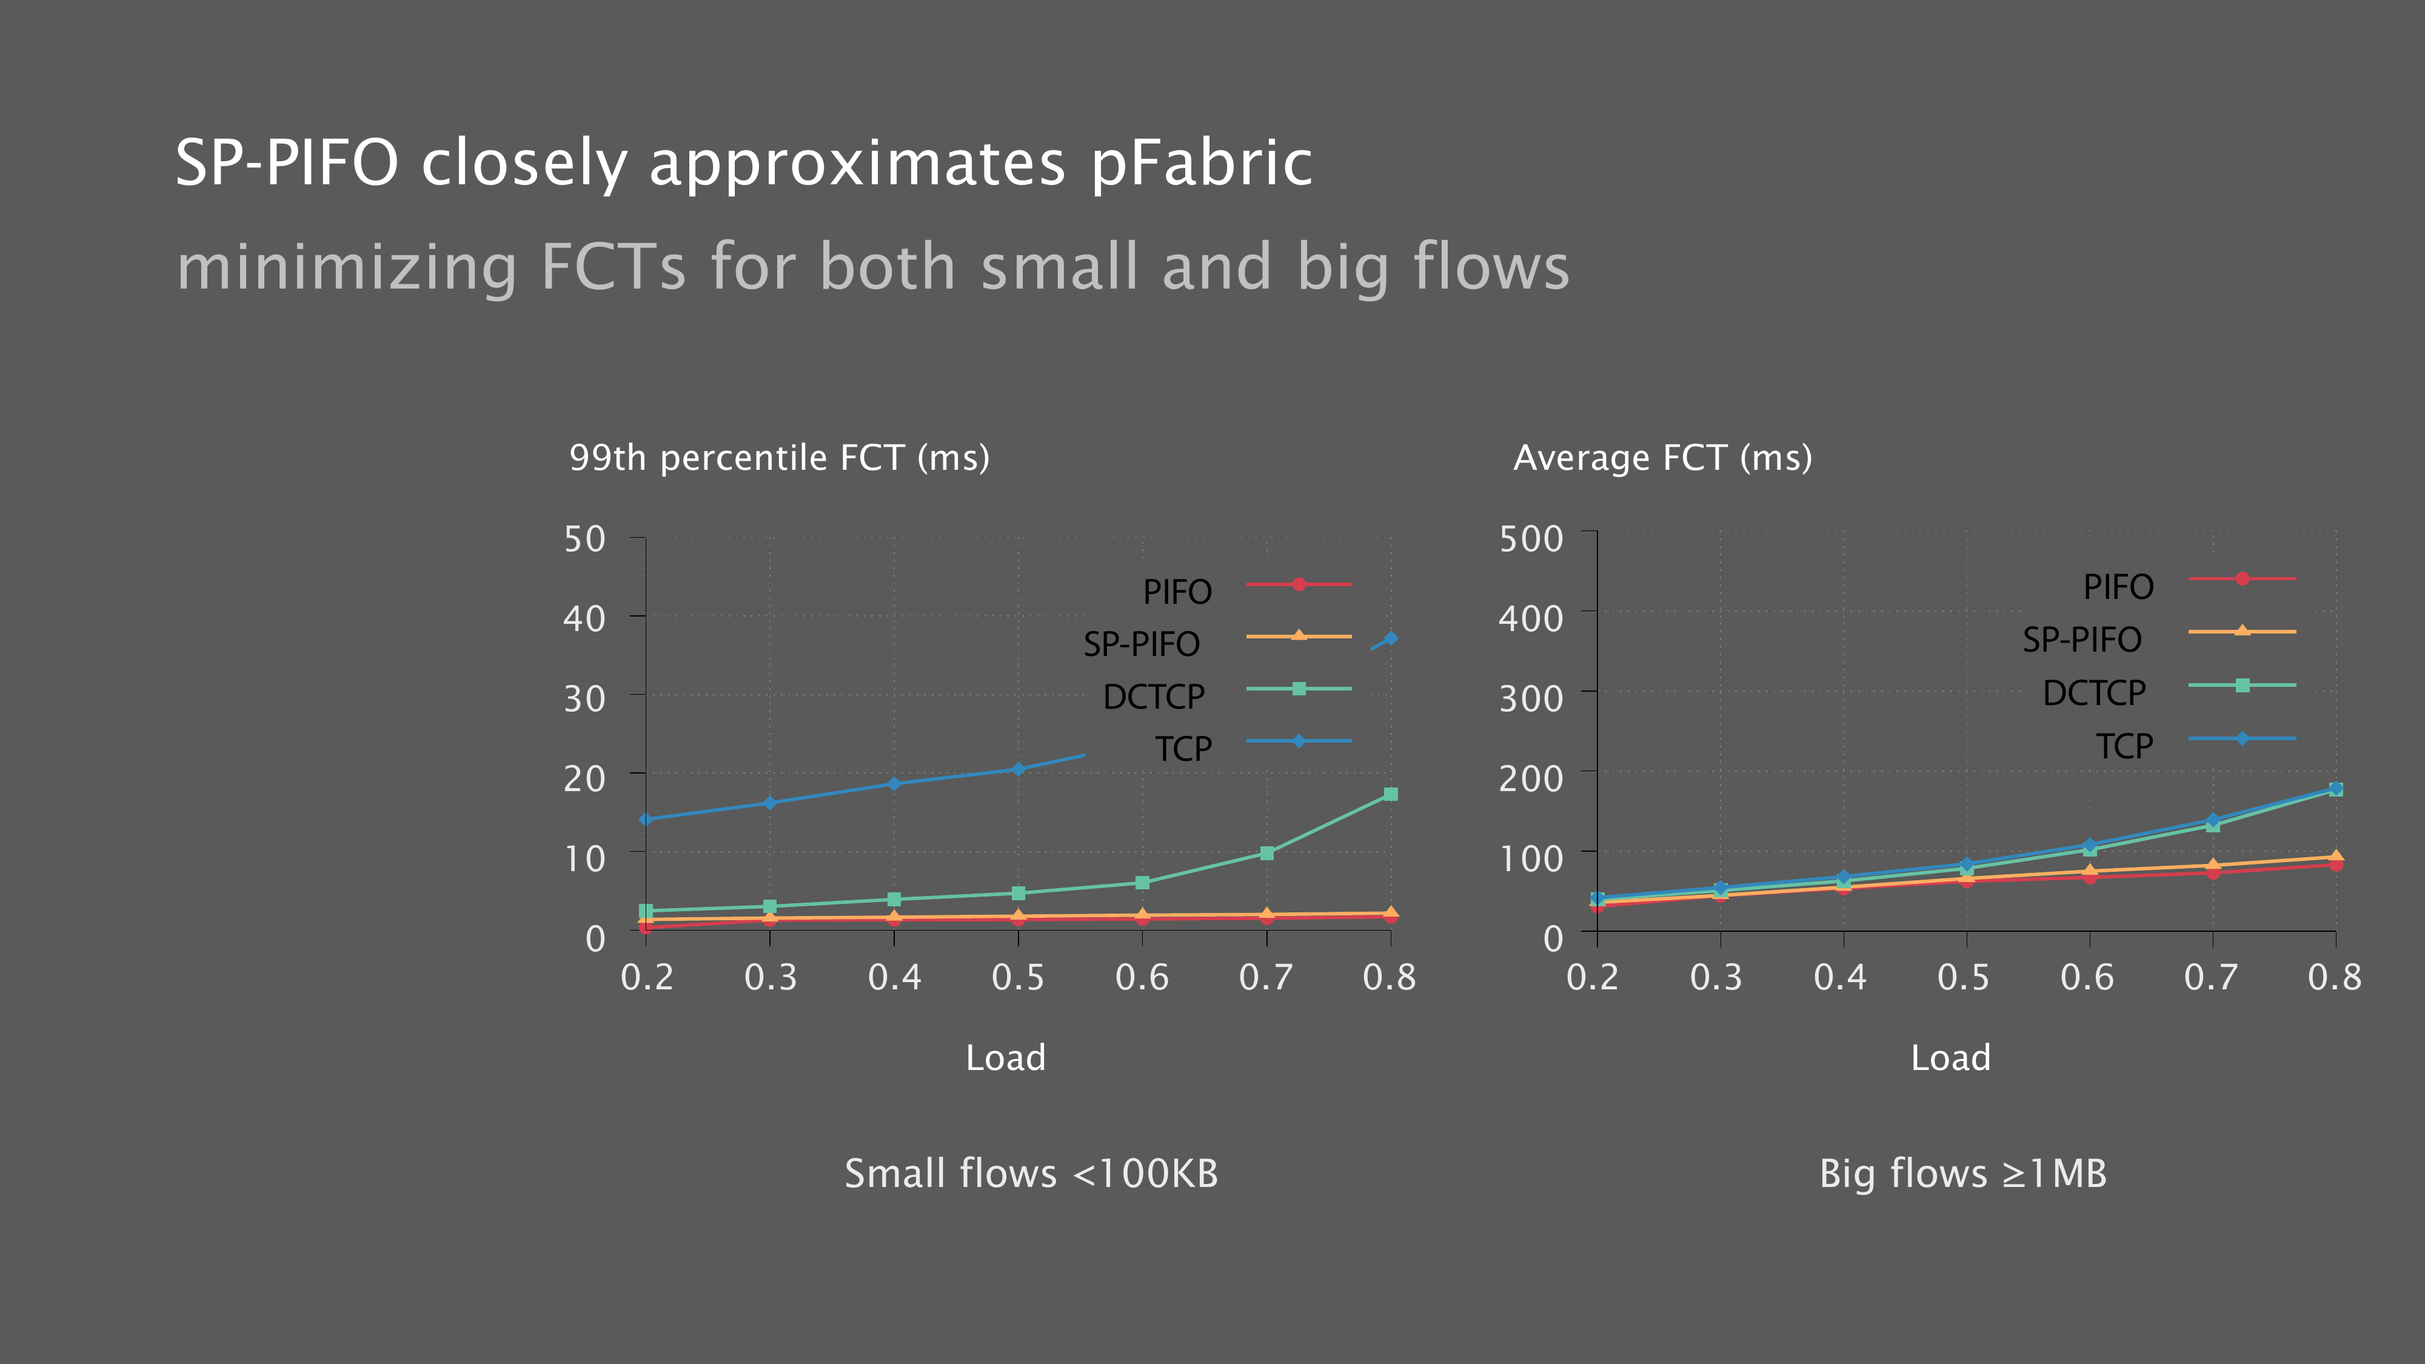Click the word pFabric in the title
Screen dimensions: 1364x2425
1201,164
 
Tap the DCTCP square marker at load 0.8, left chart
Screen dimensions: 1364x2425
1390,795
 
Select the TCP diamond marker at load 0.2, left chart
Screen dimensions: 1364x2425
646,819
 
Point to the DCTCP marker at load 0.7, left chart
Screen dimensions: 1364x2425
1266,854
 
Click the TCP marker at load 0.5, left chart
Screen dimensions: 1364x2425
1018,769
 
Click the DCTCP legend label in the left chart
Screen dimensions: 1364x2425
1153,697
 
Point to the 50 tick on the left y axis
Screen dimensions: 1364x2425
584,540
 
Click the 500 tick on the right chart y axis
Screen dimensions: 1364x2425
1531,540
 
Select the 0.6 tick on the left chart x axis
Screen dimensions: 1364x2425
1142,977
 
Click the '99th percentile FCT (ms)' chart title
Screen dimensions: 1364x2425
780,458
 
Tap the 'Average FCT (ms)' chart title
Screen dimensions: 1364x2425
1662,458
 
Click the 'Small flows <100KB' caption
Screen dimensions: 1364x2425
1031,1174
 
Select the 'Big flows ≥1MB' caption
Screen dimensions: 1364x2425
1963,1174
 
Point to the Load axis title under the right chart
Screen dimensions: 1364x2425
1950,1058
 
